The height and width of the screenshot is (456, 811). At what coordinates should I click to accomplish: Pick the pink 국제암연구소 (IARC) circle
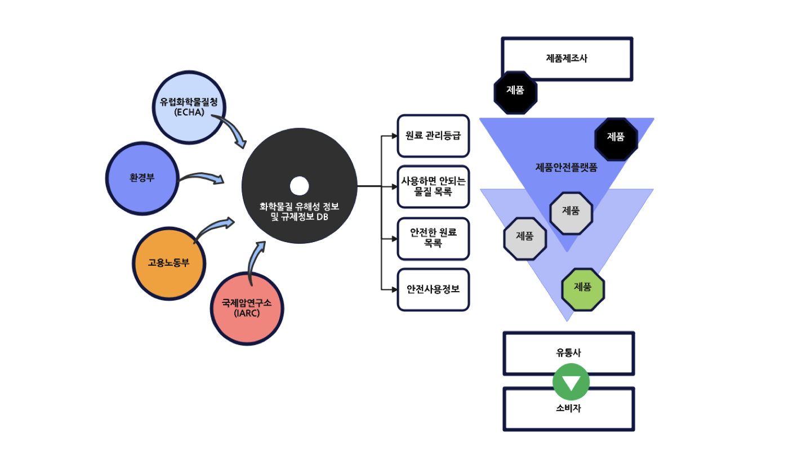[247, 308]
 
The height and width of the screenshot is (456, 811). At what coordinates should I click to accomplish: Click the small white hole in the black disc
[298, 186]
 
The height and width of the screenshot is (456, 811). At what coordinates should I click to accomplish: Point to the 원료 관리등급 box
[433, 136]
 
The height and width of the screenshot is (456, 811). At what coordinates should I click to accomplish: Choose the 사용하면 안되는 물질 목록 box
[433, 187]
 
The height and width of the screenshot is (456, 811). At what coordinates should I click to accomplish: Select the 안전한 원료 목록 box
[433, 238]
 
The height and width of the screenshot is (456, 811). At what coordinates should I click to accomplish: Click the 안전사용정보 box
[433, 289]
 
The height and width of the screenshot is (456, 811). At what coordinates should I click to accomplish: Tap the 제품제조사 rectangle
[567, 59]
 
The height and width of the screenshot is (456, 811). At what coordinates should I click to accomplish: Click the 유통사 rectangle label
[568, 353]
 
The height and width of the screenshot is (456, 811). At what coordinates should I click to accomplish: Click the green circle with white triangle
[571, 382]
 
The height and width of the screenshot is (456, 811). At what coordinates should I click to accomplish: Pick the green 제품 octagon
[583, 287]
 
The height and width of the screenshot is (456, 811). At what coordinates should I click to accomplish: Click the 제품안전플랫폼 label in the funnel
[567, 167]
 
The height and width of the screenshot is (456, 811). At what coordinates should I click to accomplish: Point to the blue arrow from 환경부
[203, 178]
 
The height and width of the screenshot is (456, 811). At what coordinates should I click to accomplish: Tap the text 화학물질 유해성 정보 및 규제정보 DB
[299, 212]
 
